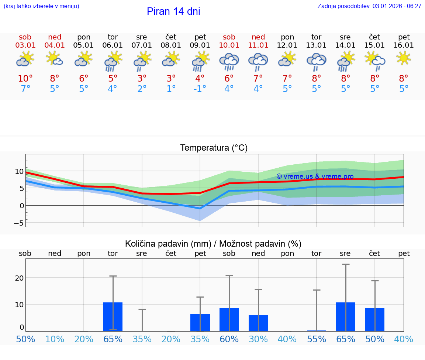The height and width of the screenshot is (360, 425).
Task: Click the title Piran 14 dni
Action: (173, 11)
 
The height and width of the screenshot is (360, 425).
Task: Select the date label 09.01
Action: (200, 45)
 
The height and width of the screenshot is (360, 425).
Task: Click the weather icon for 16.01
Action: (404, 58)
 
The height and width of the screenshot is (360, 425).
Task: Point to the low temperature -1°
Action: (200, 89)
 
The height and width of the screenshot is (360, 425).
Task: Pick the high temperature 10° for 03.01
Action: (25, 79)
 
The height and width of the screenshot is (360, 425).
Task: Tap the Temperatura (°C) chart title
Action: (214, 148)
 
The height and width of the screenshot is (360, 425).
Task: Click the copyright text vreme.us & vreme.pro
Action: (315, 176)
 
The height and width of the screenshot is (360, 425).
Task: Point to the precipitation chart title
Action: (213, 244)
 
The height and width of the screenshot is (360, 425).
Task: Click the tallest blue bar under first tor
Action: (113, 316)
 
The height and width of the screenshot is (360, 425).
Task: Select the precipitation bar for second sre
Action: (345, 316)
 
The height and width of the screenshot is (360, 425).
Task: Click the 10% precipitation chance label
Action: (55, 339)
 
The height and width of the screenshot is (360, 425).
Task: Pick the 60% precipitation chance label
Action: (229, 339)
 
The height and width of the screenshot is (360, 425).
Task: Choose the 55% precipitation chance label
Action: (317, 339)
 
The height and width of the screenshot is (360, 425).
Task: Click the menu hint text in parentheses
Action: (41, 6)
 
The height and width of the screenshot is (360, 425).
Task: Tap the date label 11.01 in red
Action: (258, 45)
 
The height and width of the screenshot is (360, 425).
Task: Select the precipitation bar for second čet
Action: (374, 319)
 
